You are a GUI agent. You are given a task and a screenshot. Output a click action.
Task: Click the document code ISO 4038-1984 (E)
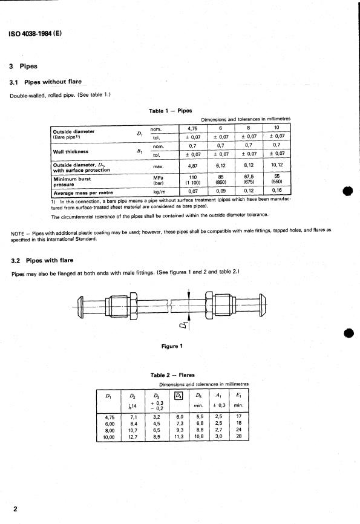pyautogui.click(x=35, y=33)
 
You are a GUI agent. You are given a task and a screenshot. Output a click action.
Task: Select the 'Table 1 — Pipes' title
pyautogui.click(x=170, y=111)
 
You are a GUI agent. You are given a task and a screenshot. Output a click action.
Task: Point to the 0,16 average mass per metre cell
pyautogui.click(x=277, y=191)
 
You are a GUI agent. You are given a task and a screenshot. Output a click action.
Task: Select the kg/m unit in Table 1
pyautogui.click(x=159, y=191)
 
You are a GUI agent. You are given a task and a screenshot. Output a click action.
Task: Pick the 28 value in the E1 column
pyautogui.click(x=239, y=435)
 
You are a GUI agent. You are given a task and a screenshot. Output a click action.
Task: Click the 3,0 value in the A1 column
pyautogui.click(x=220, y=435)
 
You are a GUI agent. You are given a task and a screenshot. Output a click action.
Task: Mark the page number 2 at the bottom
pyautogui.click(x=14, y=509)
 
